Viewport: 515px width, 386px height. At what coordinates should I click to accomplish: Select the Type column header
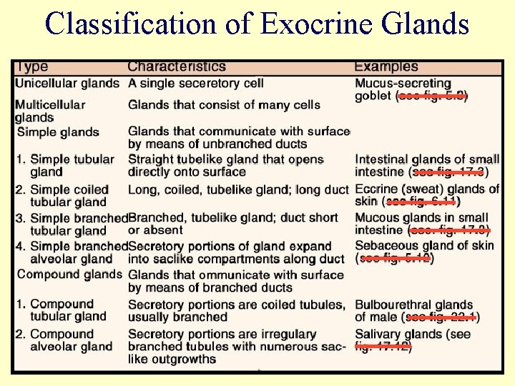[32, 66]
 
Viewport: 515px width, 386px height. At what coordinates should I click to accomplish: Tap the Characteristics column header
[177, 66]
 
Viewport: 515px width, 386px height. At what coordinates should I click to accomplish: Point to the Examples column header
[386, 66]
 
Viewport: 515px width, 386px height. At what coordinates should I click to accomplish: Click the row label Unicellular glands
[67, 83]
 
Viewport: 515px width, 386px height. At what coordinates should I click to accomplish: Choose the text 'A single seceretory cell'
[196, 83]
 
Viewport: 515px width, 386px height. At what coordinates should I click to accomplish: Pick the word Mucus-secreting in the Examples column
[403, 83]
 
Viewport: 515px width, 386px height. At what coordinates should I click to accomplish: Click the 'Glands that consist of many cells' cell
[224, 105]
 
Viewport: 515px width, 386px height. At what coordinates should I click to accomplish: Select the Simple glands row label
[58, 132]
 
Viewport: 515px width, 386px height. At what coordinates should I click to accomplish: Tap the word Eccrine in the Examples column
[377, 189]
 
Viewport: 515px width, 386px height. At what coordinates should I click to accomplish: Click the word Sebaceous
[387, 246]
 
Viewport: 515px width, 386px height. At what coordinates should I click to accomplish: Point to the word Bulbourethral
[396, 305]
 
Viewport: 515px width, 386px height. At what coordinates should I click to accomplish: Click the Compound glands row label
[69, 274]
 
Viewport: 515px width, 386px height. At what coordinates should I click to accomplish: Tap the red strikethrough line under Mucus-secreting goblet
[433, 96]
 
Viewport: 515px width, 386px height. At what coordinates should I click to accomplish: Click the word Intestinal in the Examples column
[383, 159]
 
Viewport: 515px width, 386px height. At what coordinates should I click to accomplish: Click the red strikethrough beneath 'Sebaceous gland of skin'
[396, 259]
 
